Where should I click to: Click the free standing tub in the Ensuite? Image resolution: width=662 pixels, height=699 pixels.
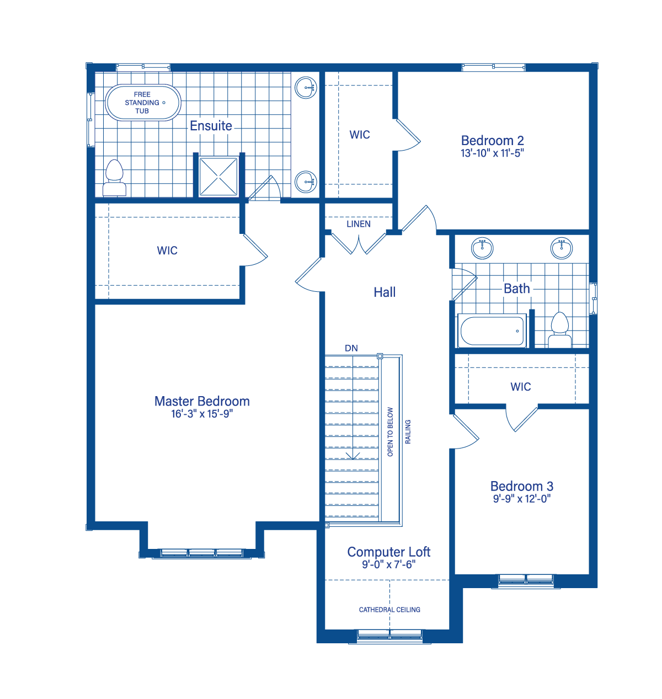[x=143, y=103]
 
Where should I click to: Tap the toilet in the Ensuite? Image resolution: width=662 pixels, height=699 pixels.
[x=114, y=178]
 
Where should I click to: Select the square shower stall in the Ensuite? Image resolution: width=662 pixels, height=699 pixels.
[x=218, y=177]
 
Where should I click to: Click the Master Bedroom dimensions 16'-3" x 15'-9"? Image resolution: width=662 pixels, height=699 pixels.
[x=202, y=414]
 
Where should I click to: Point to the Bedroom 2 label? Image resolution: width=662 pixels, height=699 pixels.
[x=493, y=141]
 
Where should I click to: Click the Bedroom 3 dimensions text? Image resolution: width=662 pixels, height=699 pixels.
[x=521, y=499]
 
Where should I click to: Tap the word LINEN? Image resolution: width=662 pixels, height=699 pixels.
[x=359, y=224]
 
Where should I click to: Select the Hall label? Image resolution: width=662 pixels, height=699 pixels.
[x=385, y=292]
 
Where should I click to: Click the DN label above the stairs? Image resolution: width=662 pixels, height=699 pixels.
[x=351, y=349]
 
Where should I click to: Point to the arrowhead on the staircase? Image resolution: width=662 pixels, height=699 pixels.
[x=353, y=456]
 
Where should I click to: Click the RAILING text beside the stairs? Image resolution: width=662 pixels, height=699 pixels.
[x=408, y=431]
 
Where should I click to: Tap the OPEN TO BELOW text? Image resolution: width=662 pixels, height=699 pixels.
[x=390, y=431]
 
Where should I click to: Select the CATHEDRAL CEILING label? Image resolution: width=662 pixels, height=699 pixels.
[x=389, y=610]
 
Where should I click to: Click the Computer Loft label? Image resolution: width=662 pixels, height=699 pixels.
[x=388, y=552]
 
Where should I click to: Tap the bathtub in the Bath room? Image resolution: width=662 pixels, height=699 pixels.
[x=492, y=331]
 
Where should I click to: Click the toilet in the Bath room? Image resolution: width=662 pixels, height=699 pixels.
[x=559, y=330]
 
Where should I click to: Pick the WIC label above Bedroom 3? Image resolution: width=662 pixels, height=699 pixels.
[x=521, y=387]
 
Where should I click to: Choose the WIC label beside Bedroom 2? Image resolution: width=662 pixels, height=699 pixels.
[x=360, y=135]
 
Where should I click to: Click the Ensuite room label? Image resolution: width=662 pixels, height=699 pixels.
[x=211, y=125]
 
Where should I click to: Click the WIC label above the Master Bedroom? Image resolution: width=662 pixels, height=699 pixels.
[x=167, y=250]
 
